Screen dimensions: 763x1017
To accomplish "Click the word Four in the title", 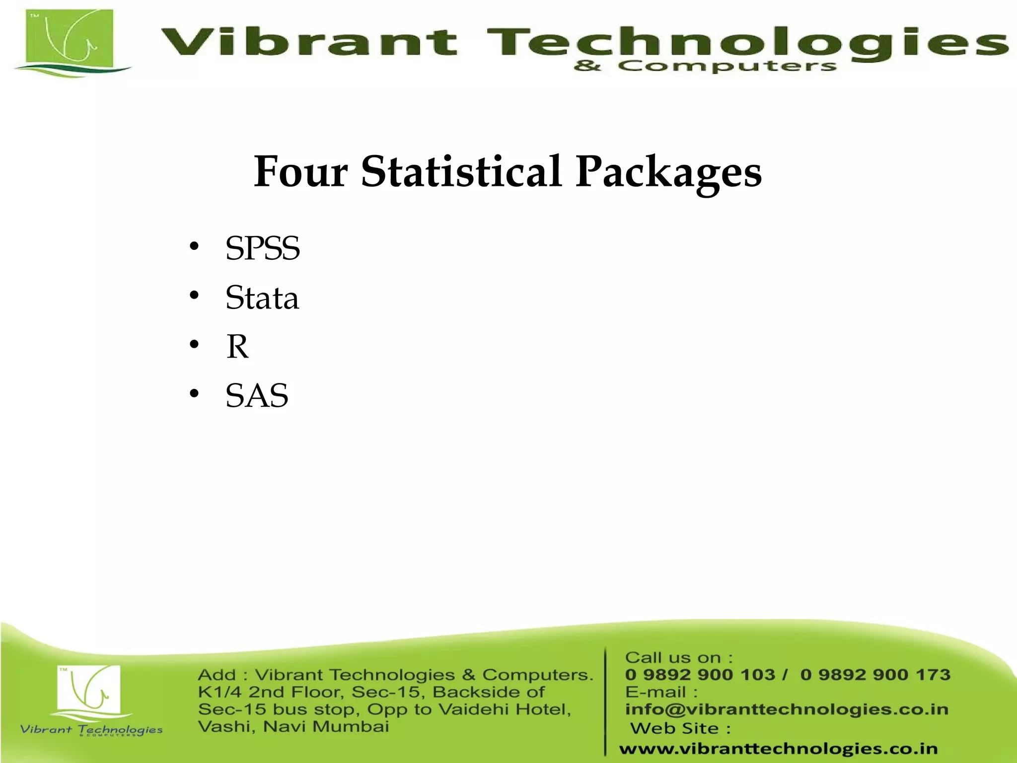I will [300, 172].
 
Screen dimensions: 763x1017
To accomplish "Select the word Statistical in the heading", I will [461, 172].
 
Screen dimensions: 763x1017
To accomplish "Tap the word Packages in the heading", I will [668, 173].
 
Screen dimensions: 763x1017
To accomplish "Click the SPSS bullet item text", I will [263, 248].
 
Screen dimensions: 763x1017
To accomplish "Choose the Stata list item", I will [262, 298].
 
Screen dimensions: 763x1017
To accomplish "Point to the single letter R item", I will [237, 346].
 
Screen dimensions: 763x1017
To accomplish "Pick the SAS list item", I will [257, 395].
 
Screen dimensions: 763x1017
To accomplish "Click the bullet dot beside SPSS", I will [194, 247].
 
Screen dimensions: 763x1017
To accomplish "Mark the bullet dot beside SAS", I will [194, 394].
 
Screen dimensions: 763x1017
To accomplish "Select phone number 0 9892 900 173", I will [875, 675].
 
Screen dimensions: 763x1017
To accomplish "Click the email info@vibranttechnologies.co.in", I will [787, 709].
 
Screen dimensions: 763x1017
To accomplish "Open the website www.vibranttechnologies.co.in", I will [778, 749].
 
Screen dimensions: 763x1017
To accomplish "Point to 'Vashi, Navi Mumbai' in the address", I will [293, 727].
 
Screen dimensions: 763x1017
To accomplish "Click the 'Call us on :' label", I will [678, 658].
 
